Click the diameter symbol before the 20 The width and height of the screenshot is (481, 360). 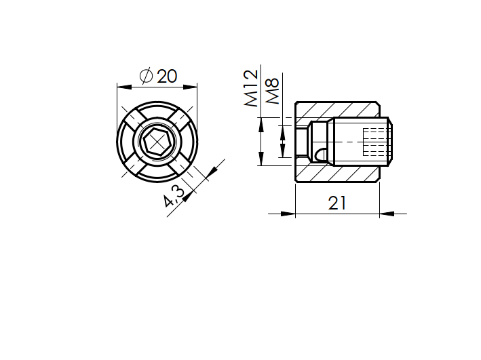[x=145, y=76]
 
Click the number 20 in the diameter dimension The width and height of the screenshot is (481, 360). [x=166, y=76]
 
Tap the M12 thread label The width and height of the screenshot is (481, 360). [x=250, y=88]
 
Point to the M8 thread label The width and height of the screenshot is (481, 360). [x=273, y=91]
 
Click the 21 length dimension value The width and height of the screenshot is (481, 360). [x=337, y=203]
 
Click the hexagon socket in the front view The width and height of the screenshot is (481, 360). [x=157, y=142]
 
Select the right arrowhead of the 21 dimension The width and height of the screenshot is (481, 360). [x=387, y=214]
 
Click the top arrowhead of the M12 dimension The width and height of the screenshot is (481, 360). [x=261, y=121]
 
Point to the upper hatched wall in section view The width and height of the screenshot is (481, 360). [x=337, y=108]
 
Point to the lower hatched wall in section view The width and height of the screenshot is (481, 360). [x=337, y=174]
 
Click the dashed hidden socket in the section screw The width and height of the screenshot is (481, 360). [x=374, y=141]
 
